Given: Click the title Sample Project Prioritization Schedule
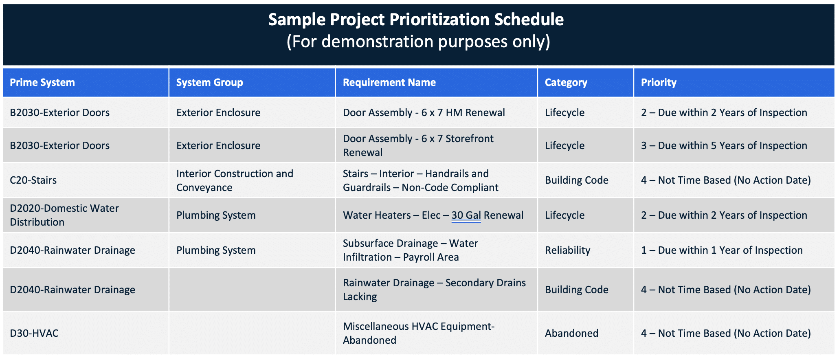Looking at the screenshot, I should pyautogui.click(x=416, y=20).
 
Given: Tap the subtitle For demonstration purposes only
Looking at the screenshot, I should pyautogui.click(x=418, y=42).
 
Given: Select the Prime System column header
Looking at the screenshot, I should pyautogui.click(x=42, y=83).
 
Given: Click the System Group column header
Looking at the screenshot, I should pyautogui.click(x=209, y=83).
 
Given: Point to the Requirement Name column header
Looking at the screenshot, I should pyautogui.click(x=389, y=83).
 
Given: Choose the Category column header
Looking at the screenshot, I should pyautogui.click(x=566, y=83).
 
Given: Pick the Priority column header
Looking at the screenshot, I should pyautogui.click(x=658, y=83).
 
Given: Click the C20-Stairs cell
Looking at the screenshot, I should pyautogui.click(x=33, y=180).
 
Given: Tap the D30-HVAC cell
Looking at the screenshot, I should pyautogui.click(x=34, y=333).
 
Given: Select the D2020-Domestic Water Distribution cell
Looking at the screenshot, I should pyautogui.click(x=64, y=215).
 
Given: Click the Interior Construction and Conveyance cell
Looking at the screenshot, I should pyautogui.click(x=235, y=180).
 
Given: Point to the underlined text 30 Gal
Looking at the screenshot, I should pyautogui.click(x=466, y=215).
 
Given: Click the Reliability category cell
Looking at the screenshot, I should pyautogui.click(x=567, y=250).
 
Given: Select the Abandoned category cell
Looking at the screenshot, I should pyautogui.click(x=571, y=333).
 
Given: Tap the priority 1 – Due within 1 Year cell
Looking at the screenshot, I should pyautogui.click(x=721, y=250).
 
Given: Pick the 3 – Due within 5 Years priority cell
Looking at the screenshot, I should pyautogui.click(x=724, y=145).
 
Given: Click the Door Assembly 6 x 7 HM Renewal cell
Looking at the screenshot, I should pyautogui.click(x=424, y=112).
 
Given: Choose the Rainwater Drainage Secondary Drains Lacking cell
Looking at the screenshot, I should pyautogui.click(x=434, y=290).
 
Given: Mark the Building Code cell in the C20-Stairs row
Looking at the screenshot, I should pyautogui.click(x=576, y=180).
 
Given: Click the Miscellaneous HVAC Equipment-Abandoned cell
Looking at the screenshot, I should pyautogui.click(x=418, y=333).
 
